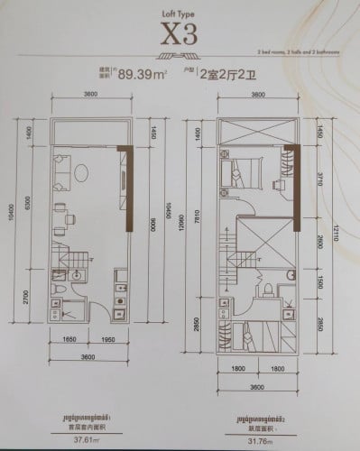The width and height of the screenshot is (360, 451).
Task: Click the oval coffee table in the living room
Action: [x=80, y=170]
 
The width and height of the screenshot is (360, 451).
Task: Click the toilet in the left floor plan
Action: [x=58, y=290]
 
